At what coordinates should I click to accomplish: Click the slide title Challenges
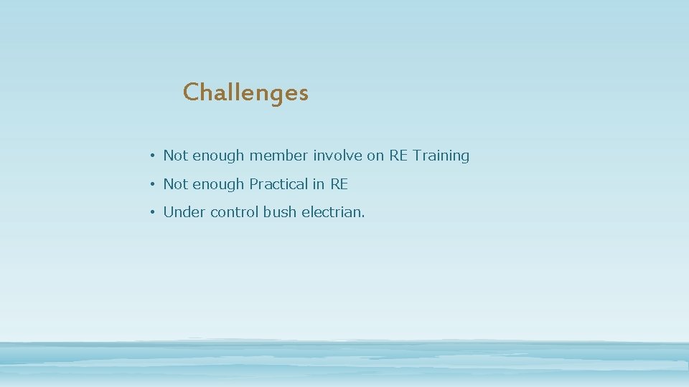(245, 92)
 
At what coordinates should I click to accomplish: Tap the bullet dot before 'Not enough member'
(153, 156)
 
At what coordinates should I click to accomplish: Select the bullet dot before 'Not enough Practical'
(153, 184)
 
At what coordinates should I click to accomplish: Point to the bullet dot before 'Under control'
(153, 212)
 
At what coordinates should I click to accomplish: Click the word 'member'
(278, 156)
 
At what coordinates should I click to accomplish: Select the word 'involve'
(337, 156)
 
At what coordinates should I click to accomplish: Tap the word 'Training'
(441, 156)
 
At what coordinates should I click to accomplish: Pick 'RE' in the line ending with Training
(398, 156)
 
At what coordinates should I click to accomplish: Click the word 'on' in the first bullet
(375, 156)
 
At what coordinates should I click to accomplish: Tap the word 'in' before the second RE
(319, 184)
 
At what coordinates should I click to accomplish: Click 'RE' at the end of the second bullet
(339, 184)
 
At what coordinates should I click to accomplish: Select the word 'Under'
(184, 212)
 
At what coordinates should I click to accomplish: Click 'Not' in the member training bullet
(174, 156)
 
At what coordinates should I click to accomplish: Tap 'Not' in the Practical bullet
(174, 184)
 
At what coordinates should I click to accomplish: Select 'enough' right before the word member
(217, 156)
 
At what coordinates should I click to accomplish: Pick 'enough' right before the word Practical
(217, 185)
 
